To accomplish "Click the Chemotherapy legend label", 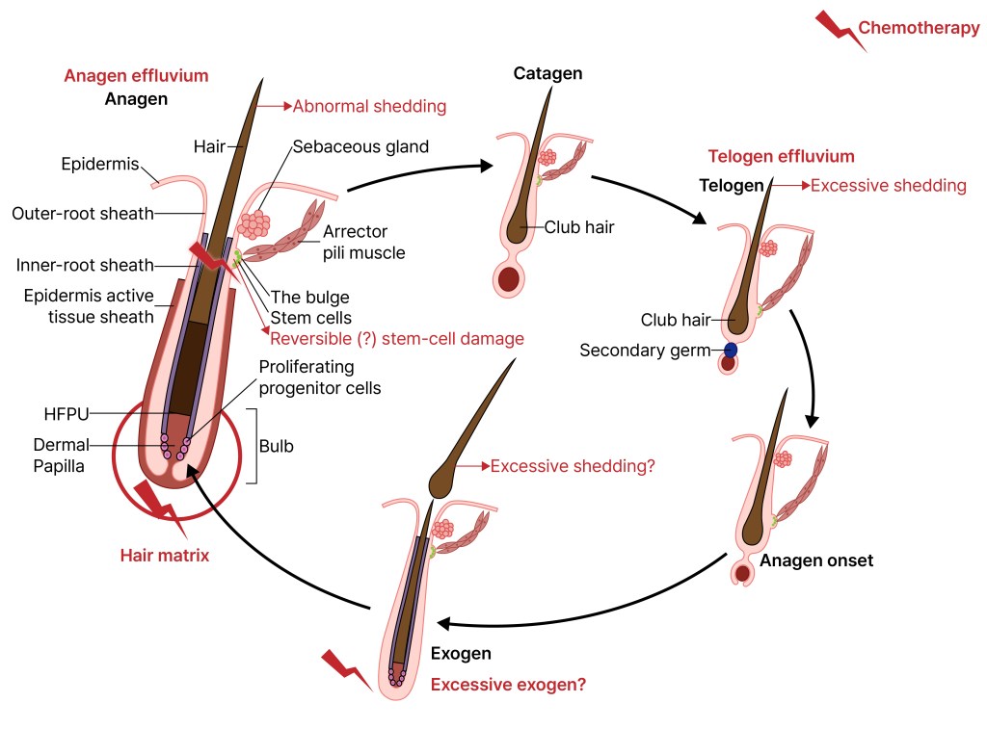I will tap(918, 28).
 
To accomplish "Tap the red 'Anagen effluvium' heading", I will tap(136, 76).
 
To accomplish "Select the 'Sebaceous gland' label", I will tap(360, 147).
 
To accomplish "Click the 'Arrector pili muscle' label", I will tap(363, 243).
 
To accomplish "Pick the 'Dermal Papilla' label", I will tap(60, 456).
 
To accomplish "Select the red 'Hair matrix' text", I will tap(164, 555).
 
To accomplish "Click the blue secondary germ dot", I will tap(731, 351).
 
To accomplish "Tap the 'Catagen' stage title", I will tap(547, 74).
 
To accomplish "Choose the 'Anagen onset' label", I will tap(816, 560).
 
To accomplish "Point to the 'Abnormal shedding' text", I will tap(369, 106).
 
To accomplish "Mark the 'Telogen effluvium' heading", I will tap(781, 156).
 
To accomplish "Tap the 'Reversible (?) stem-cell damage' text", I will tap(397, 338).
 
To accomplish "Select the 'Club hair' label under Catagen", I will tap(579, 228).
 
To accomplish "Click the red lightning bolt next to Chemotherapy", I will tap(838, 28).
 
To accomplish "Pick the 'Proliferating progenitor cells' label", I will tap(320, 378).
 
